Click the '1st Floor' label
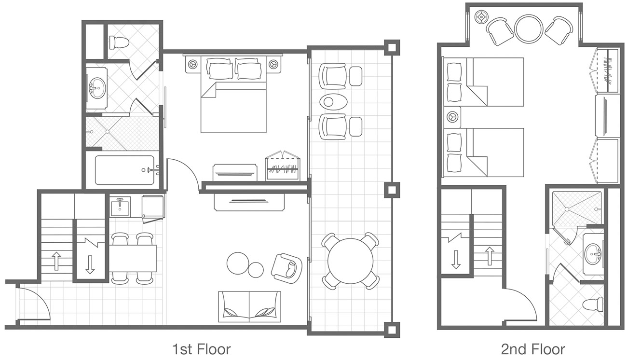click(x=201, y=349)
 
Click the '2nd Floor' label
click(x=532, y=349)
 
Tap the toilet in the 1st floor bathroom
click(x=119, y=43)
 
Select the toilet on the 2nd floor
click(x=593, y=305)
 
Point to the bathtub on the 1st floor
click(x=124, y=170)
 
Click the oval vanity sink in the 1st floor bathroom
click(x=97, y=88)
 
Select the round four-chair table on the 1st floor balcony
click(x=350, y=261)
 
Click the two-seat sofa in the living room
click(x=249, y=307)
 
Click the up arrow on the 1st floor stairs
click(x=56, y=261)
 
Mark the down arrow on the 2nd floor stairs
click(x=455, y=259)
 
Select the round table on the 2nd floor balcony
click(x=529, y=28)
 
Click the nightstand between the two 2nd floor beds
click(x=453, y=117)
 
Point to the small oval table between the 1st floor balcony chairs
click(x=332, y=102)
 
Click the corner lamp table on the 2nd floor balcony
click(x=481, y=17)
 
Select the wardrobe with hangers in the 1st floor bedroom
click(x=283, y=167)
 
